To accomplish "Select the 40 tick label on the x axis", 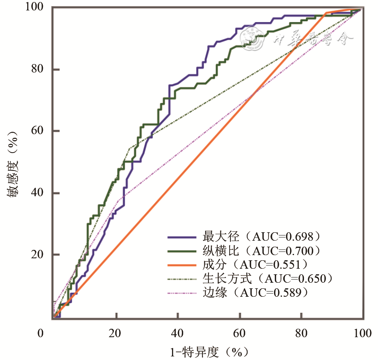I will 177,333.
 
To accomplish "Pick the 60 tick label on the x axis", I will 239,333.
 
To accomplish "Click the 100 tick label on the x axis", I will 362,333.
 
